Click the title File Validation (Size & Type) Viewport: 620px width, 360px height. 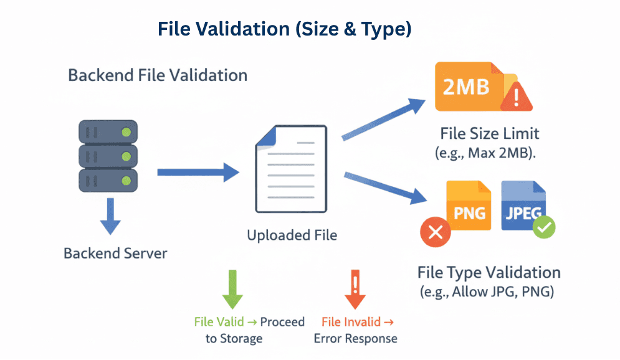click(x=284, y=29)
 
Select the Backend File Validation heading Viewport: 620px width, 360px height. click(x=158, y=75)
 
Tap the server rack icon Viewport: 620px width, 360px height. click(x=107, y=156)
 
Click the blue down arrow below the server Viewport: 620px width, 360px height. click(x=110, y=216)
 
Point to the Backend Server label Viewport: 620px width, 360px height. click(x=115, y=254)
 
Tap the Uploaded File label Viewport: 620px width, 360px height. click(x=292, y=235)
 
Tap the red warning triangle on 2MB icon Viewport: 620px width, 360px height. click(x=516, y=98)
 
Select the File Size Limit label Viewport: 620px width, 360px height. click(x=489, y=133)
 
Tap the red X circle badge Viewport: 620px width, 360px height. click(x=436, y=233)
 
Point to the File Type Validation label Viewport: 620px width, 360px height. click(x=489, y=273)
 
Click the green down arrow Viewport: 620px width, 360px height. click(x=233, y=289)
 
